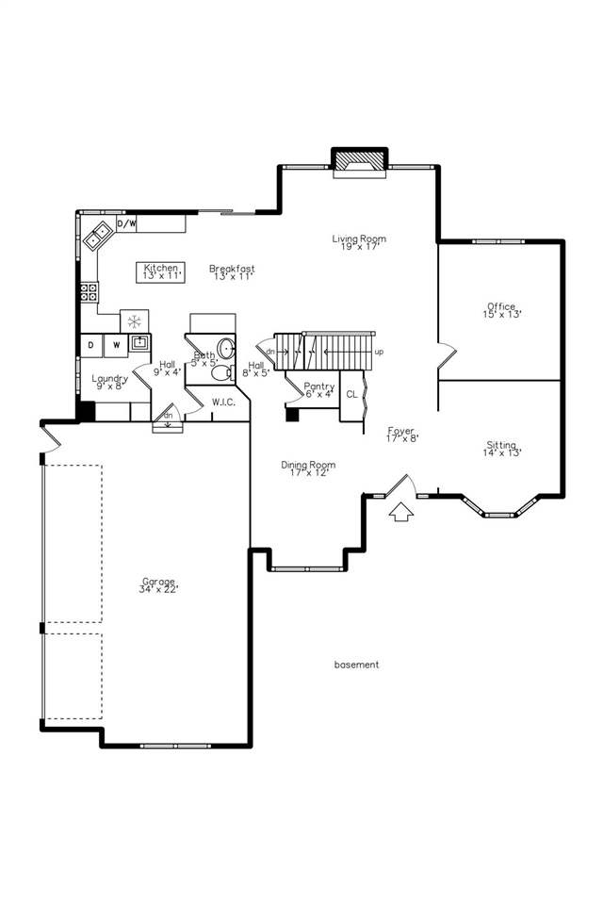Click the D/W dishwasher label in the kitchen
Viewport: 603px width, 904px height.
click(x=126, y=224)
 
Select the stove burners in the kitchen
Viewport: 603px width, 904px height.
click(x=89, y=291)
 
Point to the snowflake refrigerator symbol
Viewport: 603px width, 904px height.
click(x=135, y=321)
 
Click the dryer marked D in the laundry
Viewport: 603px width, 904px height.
click(x=90, y=345)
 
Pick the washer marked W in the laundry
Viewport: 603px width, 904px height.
click(x=117, y=345)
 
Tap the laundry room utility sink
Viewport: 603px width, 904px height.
click(x=139, y=342)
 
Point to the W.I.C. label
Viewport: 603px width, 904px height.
click(x=223, y=403)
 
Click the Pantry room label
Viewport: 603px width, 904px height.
click(x=319, y=386)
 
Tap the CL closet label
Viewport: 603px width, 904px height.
click(x=351, y=393)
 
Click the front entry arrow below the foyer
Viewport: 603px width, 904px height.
click(x=400, y=512)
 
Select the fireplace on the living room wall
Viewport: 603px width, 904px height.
click(x=359, y=161)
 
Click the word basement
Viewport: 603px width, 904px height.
click(x=356, y=665)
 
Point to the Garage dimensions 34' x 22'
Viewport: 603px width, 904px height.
click(x=159, y=589)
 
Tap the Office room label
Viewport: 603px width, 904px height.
click(x=501, y=306)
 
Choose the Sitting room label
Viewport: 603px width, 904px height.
click(x=501, y=445)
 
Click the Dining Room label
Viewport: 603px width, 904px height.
click(x=308, y=465)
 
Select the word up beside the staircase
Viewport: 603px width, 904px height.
click(x=379, y=352)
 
